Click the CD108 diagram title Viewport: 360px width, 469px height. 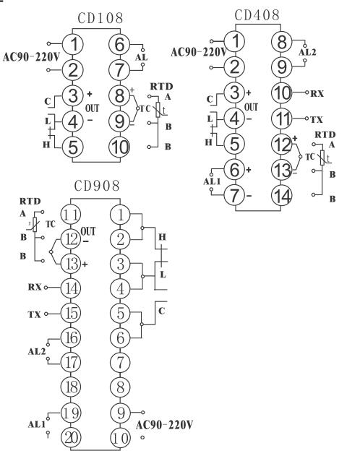coord(100,18)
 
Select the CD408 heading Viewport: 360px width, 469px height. coord(257,15)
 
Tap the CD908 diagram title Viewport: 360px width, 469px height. coord(97,186)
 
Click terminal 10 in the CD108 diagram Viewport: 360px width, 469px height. coord(119,147)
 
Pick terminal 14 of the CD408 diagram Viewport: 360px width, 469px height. coord(282,196)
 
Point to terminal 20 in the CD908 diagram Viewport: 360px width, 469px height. coord(71,438)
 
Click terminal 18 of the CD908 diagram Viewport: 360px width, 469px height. coord(71,387)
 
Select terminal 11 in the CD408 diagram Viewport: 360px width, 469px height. coord(282,119)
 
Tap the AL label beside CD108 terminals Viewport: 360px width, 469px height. coord(141,57)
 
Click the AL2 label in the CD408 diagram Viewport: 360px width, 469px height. coord(307,52)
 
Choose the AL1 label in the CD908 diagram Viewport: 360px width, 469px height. coord(37,424)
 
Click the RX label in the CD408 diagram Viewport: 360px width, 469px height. coord(317,94)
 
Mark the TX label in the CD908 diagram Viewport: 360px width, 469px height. coord(35,314)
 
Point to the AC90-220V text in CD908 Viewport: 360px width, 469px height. coord(164,425)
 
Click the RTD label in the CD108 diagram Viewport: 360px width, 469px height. coord(162,87)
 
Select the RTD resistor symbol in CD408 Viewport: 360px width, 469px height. coord(322,158)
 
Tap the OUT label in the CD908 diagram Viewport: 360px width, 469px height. coord(88,231)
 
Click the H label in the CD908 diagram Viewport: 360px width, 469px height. coord(162,238)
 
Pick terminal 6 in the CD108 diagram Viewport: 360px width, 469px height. coord(119,45)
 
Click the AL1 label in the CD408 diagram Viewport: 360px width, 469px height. coord(212,181)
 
